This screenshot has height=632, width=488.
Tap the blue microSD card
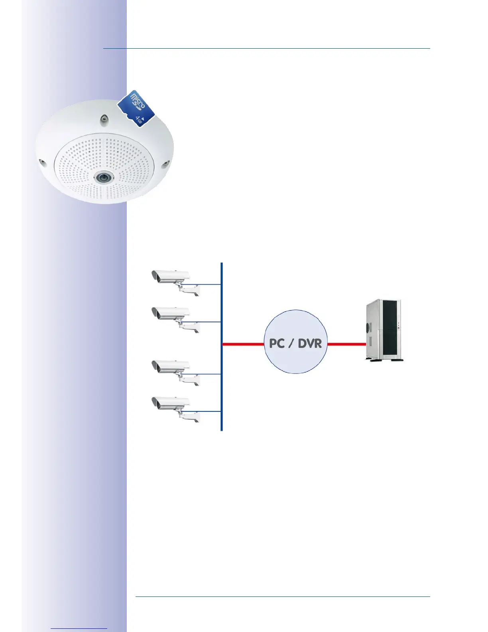coord(136,108)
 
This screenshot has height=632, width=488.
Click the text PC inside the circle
coord(277,343)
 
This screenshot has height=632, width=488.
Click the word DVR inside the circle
coord(310,343)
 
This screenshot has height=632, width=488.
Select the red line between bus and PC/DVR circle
coord(243,344)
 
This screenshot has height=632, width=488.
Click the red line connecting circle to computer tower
coord(346,344)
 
